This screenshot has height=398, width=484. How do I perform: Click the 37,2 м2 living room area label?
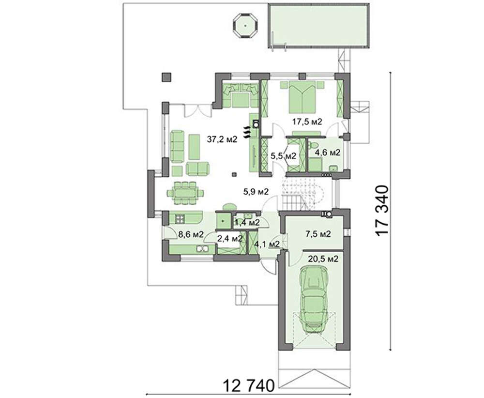coord(222,139)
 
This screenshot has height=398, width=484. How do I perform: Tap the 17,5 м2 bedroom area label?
coord(307,122)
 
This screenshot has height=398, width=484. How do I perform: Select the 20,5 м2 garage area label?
coord(323,259)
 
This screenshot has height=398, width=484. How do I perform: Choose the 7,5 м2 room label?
coord(318,234)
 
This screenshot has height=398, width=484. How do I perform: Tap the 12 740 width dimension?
coord(249,385)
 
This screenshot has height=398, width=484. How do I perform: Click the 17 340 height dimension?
coord(382,211)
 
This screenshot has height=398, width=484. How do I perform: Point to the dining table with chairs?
coord(185,193)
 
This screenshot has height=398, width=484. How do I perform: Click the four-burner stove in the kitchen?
coord(180,219)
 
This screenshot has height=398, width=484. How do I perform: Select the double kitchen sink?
coord(202,248)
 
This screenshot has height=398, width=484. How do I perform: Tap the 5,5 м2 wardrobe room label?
coord(283,156)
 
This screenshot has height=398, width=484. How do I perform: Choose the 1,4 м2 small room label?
coord(247,222)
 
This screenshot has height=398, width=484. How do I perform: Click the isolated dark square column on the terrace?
coord(166,77)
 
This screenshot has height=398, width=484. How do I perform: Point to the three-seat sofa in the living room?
coord(177,146)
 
